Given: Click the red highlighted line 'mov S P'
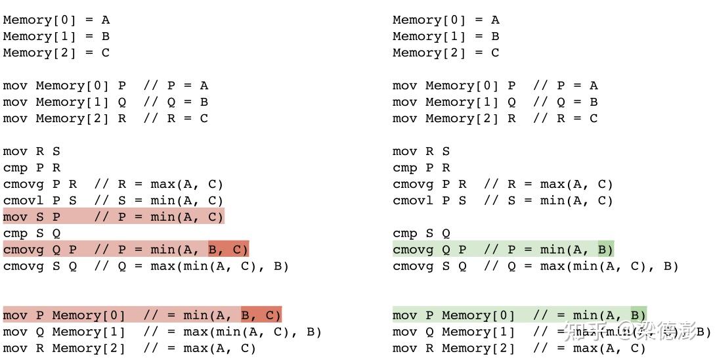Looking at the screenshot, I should [x=113, y=217].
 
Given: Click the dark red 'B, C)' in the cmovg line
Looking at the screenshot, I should [x=228, y=250].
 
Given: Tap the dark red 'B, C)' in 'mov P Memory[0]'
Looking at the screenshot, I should [x=261, y=315].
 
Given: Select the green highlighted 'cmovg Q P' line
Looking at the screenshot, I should [x=502, y=250].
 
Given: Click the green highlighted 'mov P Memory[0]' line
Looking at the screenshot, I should [x=519, y=315].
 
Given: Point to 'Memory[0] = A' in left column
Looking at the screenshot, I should [x=56, y=20].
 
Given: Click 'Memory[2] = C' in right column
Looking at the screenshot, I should [x=446, y=53].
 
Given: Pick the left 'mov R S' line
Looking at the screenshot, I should [x=32, y=151].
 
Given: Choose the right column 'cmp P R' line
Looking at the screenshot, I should [x=421, y=168].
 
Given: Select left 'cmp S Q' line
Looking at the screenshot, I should [x=32, y=233].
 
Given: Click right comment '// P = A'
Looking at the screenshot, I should [x=565, y=85].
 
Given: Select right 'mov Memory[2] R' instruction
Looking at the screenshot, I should [x=454, y=118].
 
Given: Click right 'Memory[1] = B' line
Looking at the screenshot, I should [x=446, y=36].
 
